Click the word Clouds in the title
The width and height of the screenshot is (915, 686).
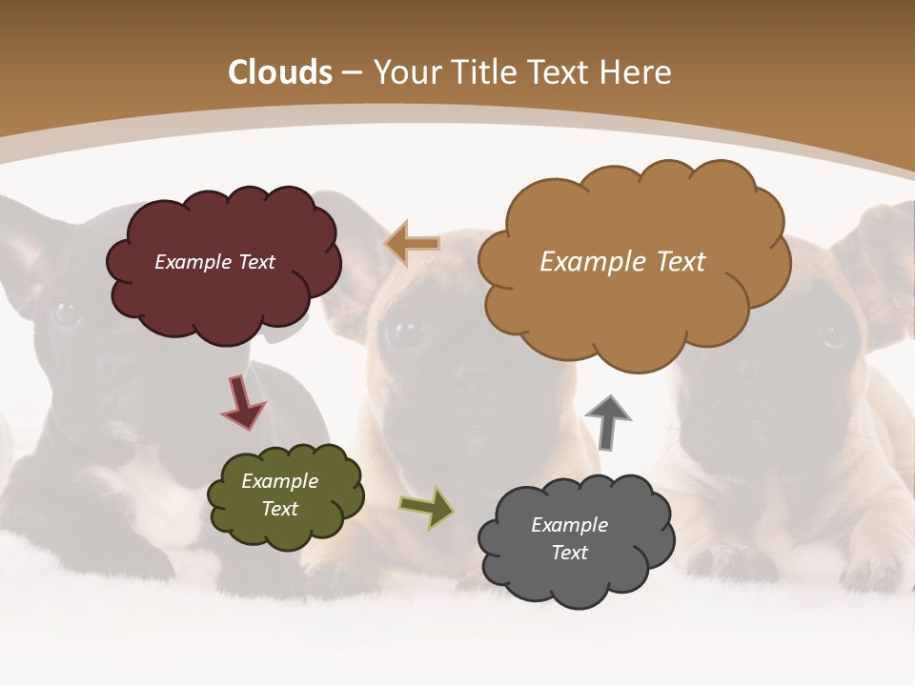(x=280, y=72)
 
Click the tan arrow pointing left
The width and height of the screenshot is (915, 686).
(x=412, y=244)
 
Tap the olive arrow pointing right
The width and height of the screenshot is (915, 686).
(x=426, y=508)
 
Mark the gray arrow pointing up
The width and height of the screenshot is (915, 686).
(x=608, y=422)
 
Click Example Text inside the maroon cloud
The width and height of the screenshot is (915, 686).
(x=214, y=262)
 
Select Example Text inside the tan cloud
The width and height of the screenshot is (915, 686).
(x=622, y=262)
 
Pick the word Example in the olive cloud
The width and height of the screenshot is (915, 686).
(x=279, y=481)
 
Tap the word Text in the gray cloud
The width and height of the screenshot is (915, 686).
(x=569, y=553)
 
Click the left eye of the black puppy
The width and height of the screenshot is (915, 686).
(x=65, y=313)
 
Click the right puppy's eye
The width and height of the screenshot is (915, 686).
(x=834, y=333)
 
